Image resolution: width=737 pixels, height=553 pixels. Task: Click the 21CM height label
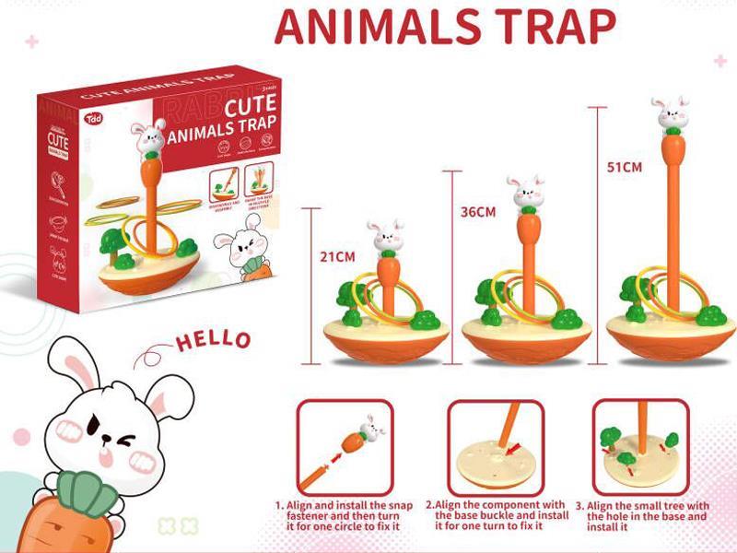(337, 257)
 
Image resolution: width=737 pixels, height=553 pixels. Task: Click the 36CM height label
(478, 212)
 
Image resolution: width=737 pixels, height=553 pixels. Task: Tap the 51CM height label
(624, 168)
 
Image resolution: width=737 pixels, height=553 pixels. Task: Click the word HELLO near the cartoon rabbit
(213, 339)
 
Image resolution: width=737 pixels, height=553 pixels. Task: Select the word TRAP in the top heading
(555, 28)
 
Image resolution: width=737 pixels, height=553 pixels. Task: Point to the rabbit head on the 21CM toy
(386, 237)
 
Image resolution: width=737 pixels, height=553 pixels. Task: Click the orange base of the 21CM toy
(386, 346)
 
